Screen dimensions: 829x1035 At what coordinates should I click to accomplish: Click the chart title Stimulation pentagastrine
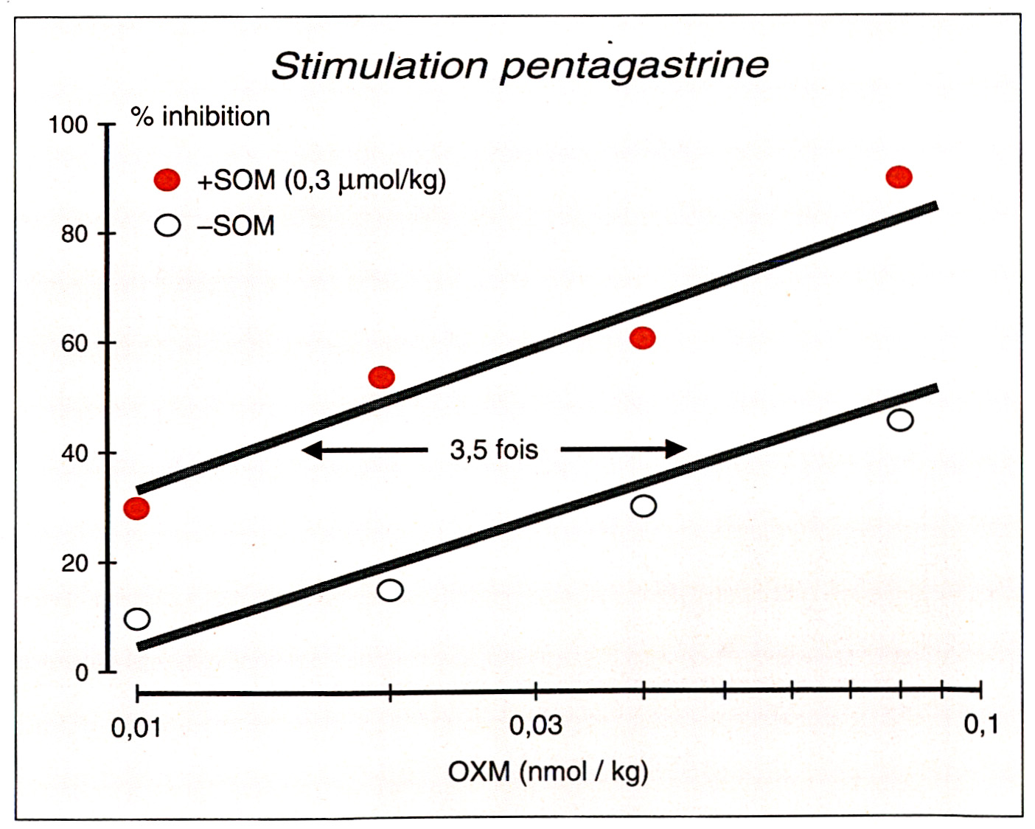point(520,65)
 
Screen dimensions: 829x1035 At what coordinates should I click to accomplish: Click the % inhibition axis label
point(201,117)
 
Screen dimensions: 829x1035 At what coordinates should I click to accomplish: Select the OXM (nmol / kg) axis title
point(548,772)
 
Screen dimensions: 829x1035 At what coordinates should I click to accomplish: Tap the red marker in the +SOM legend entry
point(167,180)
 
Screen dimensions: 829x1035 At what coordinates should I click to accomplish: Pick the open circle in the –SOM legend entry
point(167,225)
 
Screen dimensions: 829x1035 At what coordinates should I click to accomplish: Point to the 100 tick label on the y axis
point(68,125)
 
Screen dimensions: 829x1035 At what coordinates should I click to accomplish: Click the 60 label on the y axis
point(74,344)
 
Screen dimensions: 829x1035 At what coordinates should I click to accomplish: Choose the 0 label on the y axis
point(81,673)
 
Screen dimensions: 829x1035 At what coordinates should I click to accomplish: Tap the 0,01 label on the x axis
point(136,729)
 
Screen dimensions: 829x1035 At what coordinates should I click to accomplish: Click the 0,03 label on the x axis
point(535,726)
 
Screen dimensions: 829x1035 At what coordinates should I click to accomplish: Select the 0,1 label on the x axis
point(981,725)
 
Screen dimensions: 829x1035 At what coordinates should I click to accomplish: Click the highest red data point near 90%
point(899,177)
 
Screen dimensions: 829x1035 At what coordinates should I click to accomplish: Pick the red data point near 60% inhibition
point(643,339)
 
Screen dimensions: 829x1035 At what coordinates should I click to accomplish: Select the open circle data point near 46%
point(900,420)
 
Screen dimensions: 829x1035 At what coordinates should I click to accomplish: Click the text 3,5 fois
point(494,449)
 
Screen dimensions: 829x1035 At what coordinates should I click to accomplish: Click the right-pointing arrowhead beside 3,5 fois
point(676,448)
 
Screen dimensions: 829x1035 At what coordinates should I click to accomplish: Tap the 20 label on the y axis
point(74,563)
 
